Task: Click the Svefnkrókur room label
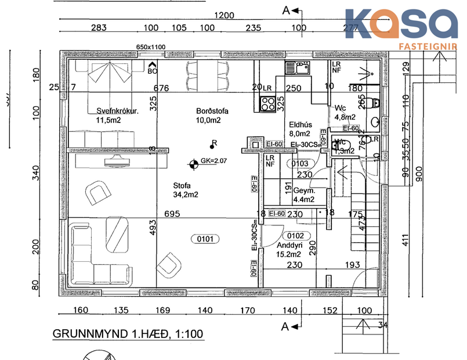pyautogui.click(x=117, y=112)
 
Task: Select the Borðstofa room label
pyautogui.click(x=209, y=112)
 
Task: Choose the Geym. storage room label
pyautogui.click(x=303, y=190)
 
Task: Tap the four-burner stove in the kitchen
pyautogui.click(x=267, y=104)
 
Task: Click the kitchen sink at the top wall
pyautogui.click(x=297, y=69)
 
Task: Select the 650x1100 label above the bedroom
pyautogui.click(x=150, y=46)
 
